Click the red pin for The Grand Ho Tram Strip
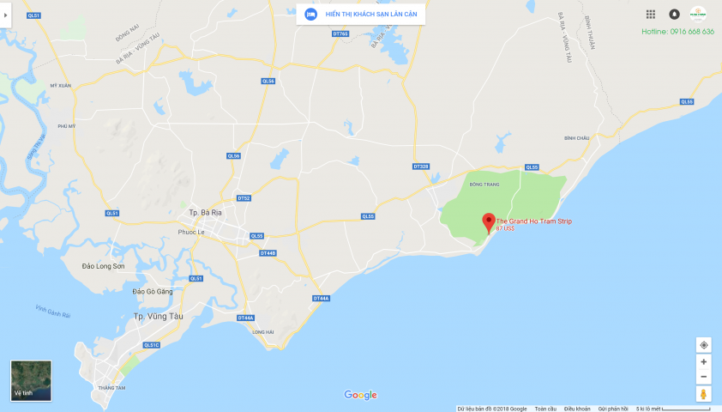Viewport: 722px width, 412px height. [488, 221]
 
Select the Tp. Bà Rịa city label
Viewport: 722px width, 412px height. [206, 213]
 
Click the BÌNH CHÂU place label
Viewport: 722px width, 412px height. [577, 137]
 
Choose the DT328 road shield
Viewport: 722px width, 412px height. [420, 166]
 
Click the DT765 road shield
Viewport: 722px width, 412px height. [340, 34]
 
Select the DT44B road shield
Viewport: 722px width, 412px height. [268, 253]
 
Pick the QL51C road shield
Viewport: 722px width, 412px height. [152, 345]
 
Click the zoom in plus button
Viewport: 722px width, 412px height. [704, 362]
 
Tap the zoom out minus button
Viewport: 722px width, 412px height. [704, 377]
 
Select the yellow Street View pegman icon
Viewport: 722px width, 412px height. [704, 394]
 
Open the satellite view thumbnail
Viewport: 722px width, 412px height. [31, 380]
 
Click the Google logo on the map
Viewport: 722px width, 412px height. [360, 395]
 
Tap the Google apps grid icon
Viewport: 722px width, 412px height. [651, 15]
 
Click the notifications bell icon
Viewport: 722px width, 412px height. [674, 15]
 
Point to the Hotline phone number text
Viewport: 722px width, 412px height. [677, 32]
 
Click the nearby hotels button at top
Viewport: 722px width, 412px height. [360, 14]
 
